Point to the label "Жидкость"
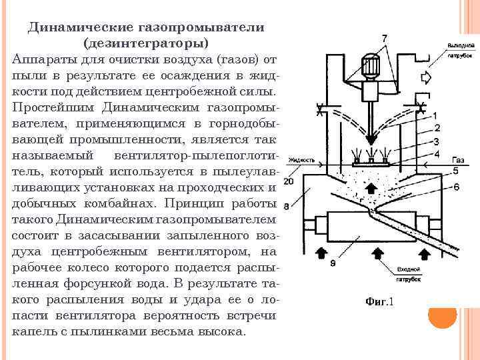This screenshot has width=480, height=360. (x=303, y=161)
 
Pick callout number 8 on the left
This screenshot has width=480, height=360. (x=287, y=206)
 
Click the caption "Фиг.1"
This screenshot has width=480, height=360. (x=380, y=301)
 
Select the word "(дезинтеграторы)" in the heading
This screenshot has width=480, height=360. (x=146, y=43)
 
